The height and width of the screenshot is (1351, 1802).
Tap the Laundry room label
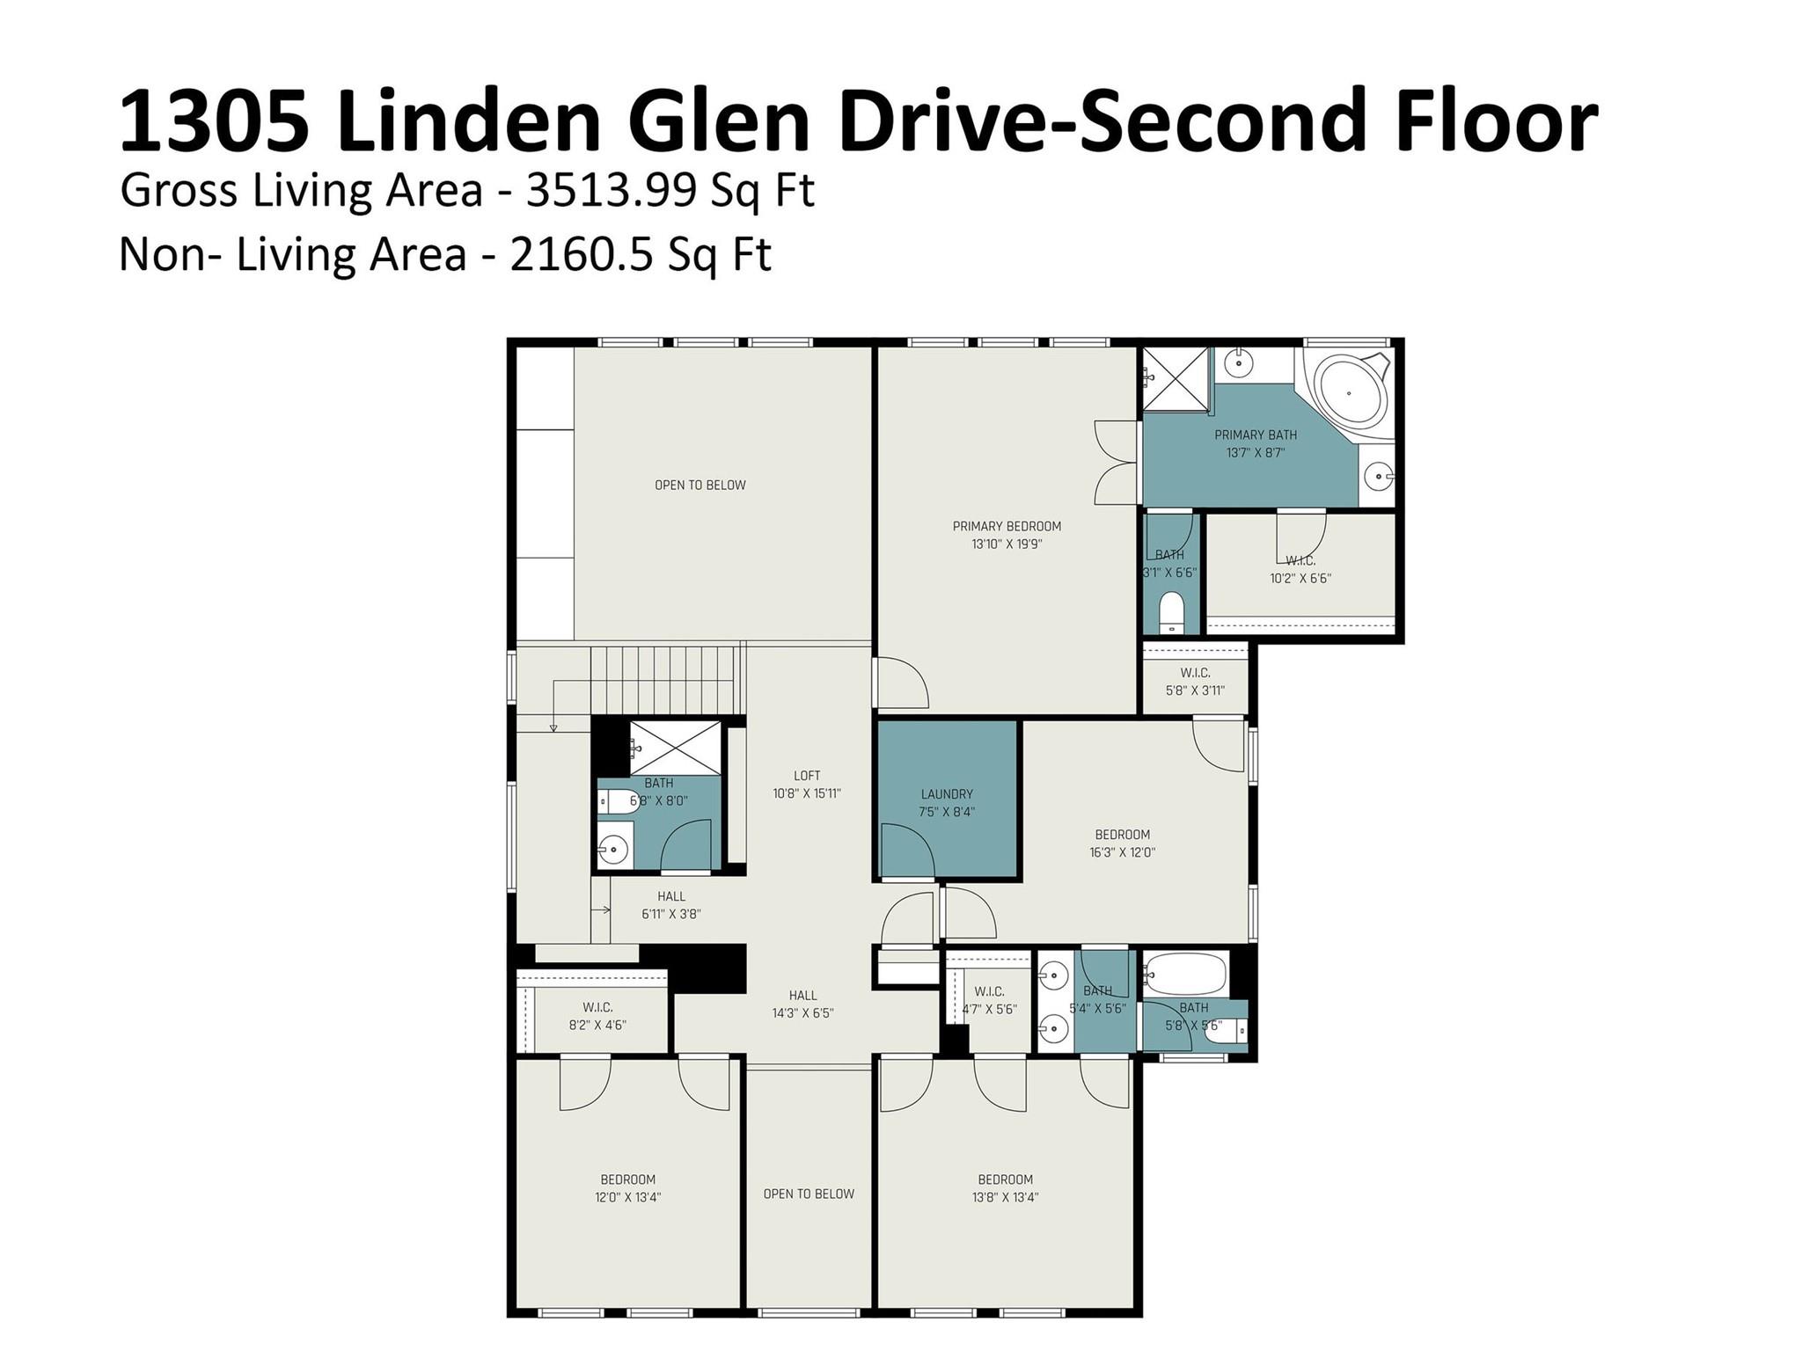tap(947, 794)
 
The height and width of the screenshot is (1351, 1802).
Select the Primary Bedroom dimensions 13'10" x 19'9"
tap(1007, 544)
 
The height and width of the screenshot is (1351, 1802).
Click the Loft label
tap(807, 776)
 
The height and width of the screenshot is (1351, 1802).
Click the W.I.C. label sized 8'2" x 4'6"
tap(597, 1007)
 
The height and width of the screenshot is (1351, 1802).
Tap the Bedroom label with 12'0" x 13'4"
tap(628, 1179)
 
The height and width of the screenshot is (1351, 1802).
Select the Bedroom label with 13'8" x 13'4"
tap(1005, 1179)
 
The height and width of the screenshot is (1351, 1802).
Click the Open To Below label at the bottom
tap(809, 1194)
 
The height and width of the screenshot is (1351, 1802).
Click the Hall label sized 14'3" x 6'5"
tap(802, 996)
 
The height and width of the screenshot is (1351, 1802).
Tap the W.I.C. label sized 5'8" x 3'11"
tap(1195, 673)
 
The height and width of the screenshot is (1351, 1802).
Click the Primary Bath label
tap(1256, 435)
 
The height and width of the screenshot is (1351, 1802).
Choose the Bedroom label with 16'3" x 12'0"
tap(1122, 835)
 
